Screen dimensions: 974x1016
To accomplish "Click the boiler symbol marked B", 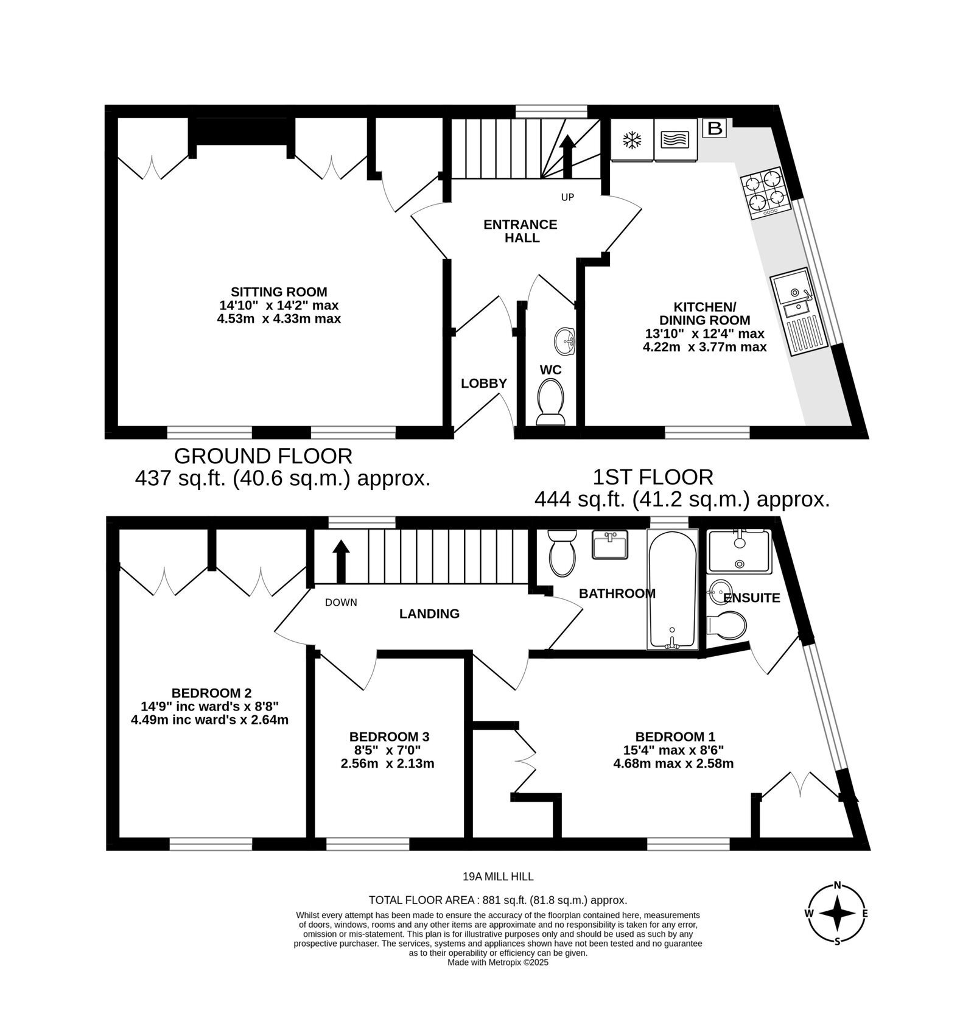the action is tap(715, 128).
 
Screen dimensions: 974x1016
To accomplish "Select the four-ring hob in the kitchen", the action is tap(765, 193).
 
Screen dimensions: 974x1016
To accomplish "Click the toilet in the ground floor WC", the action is tap(551, 402).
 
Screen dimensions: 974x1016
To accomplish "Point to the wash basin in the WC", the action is tap(566, 341).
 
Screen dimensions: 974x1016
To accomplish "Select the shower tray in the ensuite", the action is tap(740, 551).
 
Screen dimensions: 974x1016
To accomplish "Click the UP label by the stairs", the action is tap(567, 197).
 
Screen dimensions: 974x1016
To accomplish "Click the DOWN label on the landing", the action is tap(341, 603).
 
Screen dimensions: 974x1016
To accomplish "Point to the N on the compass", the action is tap(838, 885).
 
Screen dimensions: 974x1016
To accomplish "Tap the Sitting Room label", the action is tap(279, 292).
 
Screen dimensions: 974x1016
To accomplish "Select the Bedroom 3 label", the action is tap(390, 737).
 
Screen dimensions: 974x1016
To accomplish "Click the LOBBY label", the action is tap(484, 384).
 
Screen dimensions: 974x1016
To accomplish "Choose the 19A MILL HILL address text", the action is tap(498, 877).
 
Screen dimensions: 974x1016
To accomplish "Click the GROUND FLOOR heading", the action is tap(264, 456).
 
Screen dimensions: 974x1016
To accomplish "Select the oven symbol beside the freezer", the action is tap(676, 140).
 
